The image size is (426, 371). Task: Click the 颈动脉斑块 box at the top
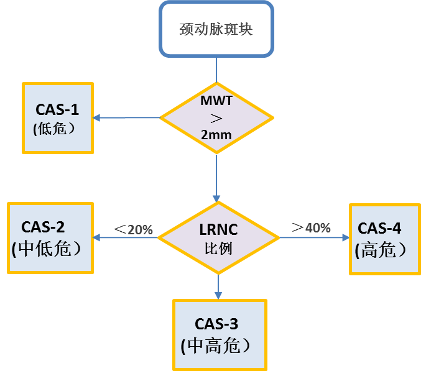[x=216, y=29]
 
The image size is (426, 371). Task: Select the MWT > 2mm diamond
[x=216, y=117]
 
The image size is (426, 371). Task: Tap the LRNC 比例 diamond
[x=218, y=237]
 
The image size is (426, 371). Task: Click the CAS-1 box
[x=58, y=117]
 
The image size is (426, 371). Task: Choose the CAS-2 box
[x=50, y=237]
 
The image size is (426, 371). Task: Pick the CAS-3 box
[x=220, y=334]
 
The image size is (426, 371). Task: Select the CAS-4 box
[x=386, y=238]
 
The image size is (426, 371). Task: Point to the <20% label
[x=133, y=229]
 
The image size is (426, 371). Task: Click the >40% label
[x=312, y=227]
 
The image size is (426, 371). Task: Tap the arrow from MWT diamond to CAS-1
[x=127, y=117]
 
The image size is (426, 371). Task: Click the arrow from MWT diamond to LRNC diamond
[x=216, y=177]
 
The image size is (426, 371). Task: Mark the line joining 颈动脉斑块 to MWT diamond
[x=216, y=70]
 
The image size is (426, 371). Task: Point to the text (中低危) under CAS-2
[x=47, y=249]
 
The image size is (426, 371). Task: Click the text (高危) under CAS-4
[x=381, y=249]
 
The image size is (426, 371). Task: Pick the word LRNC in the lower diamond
[x=218, y=228]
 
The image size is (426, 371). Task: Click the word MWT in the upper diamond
[x=216, y=100]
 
